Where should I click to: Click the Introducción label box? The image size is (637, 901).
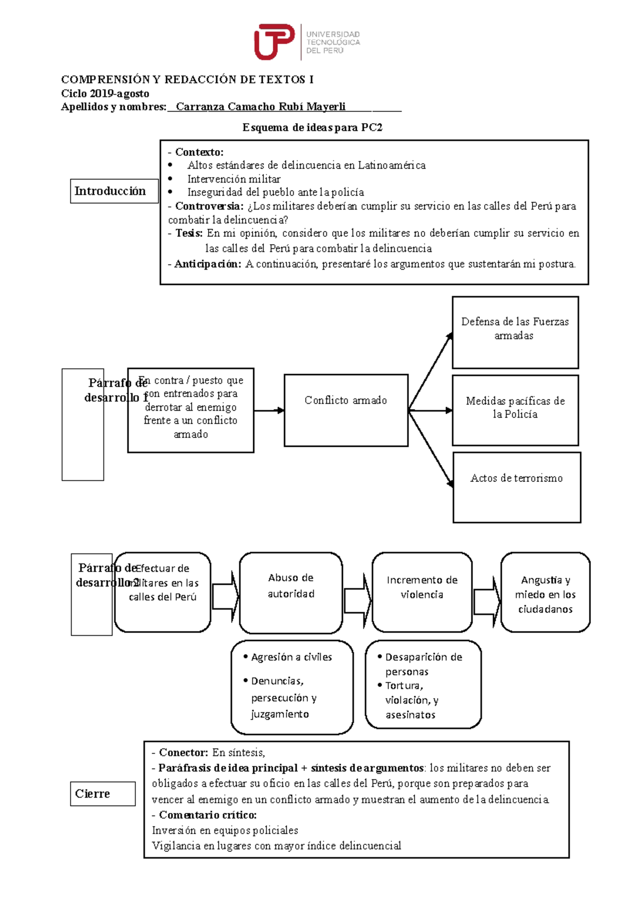114,191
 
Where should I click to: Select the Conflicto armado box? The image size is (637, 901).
346,410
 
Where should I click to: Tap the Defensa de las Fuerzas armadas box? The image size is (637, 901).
515,333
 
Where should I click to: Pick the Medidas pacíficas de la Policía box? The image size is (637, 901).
515,410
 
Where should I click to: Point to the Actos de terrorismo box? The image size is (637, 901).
517,487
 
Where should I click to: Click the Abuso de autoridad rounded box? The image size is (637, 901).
291,593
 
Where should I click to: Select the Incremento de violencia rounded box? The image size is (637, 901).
422,592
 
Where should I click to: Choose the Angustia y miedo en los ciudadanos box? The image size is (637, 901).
545,593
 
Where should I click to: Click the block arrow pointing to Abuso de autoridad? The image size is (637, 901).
225,596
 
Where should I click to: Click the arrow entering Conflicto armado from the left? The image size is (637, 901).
269,410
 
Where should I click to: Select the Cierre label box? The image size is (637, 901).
102,794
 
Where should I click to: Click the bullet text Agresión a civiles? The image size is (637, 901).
291,657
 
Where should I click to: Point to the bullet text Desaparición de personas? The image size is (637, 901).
423,663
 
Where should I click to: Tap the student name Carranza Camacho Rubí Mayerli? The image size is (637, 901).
261,107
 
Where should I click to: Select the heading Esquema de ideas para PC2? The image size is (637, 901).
312,127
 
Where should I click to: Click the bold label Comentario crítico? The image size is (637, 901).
208,815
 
